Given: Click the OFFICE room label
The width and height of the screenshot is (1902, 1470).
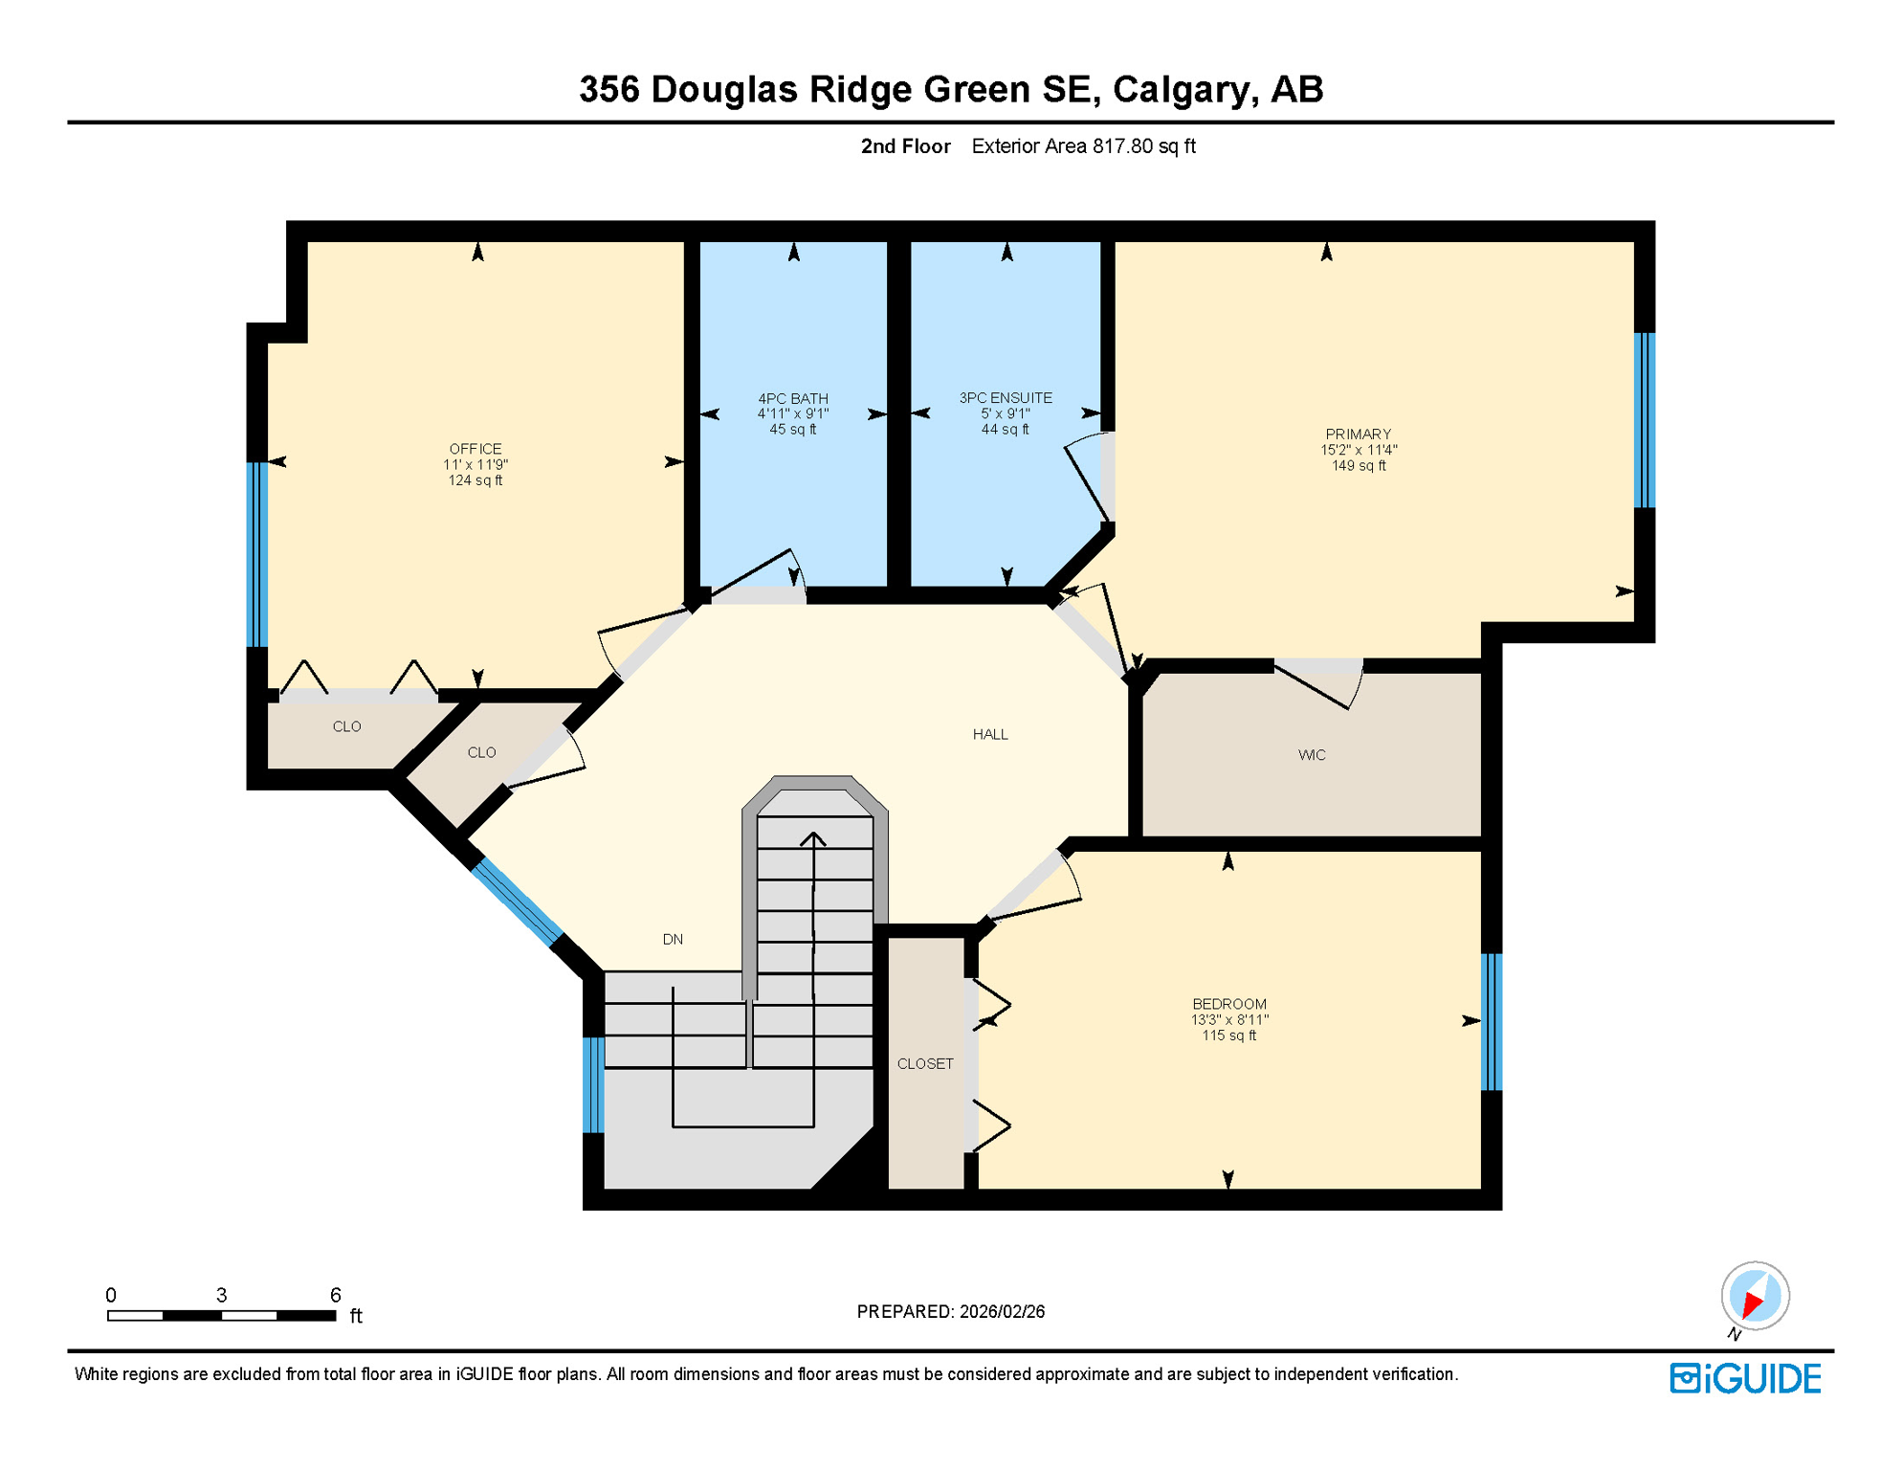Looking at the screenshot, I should [x=475, y=449].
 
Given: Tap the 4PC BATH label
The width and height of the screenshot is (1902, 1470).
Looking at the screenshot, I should [x=793, y=398].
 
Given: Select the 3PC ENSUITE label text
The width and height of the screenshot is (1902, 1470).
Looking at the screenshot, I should [x=1006, y=397].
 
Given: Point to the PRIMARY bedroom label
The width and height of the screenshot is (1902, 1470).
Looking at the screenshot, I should [x=1358, y=434].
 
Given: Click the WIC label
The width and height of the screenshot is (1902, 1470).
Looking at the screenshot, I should [x=1312, y=755].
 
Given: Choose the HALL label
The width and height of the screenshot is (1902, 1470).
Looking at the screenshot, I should [x=990, y=734].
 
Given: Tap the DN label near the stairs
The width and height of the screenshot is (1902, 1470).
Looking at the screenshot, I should [x=673, y=939].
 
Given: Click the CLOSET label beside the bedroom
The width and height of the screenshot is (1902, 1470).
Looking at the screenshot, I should [x=925, y=1063].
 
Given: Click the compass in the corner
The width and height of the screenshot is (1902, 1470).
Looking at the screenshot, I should [x=1755, y=1296].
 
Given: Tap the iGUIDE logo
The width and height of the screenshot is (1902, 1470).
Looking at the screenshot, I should [x=1746, y=1378].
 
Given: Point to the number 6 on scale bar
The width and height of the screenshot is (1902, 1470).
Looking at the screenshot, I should [x=335, y=1295].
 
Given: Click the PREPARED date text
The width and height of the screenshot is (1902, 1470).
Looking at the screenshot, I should [x=950, y=1311].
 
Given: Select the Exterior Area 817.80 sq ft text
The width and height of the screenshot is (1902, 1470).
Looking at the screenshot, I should [x=1083, y=145].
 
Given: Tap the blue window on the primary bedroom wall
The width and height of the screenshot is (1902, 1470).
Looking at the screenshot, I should [x=1644, y=419].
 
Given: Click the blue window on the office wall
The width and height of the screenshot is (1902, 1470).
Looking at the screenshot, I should [x=256, y=555].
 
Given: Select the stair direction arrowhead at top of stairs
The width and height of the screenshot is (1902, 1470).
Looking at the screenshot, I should [x=813, y=839].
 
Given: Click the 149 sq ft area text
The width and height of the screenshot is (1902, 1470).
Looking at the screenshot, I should [x=1358, y=466].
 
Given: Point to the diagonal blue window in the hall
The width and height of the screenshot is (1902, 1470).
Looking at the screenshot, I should [x=517, y=902].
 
